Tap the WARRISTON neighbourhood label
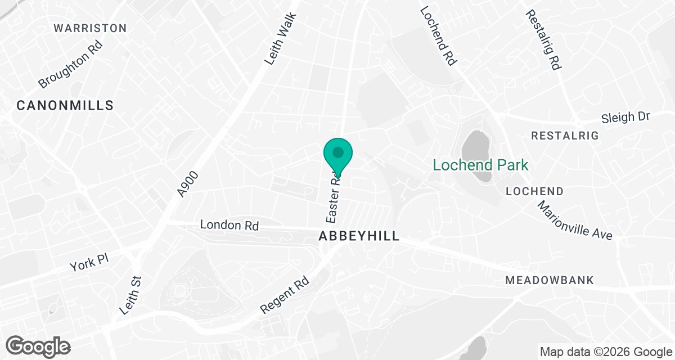90,28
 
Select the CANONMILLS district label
65,105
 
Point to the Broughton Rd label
71,64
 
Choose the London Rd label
229,225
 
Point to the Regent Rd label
286,295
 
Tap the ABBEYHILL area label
359,236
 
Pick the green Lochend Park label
480,165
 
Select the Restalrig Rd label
543,39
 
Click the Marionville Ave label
574,220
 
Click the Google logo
38,346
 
